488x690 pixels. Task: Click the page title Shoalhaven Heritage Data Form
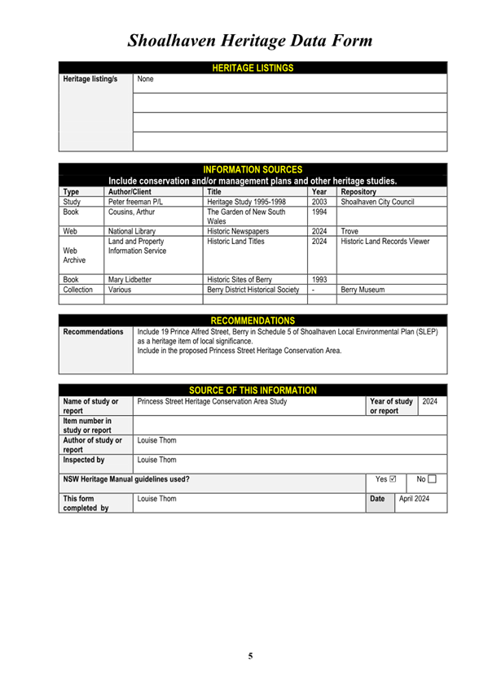(x=250, y=41)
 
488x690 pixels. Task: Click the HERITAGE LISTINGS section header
(x=253, y=68)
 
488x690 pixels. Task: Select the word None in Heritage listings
(x=145, y=80)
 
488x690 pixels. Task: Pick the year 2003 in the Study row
(x=319, y=202)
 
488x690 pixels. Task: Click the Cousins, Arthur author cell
(x=131, y=212)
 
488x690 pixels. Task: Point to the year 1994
(x=319, y=212)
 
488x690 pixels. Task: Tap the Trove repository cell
(x=350, y=231)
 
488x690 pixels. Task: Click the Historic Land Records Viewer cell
(x=385, y=242)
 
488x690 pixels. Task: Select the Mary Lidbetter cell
(x=130, y=279)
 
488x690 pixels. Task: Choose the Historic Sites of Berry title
(x=240, y=279)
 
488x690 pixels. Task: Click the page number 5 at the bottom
(x=250, y=655)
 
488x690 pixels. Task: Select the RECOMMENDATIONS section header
(x=253, y=321)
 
